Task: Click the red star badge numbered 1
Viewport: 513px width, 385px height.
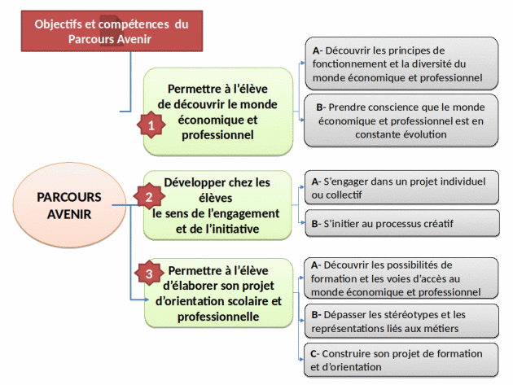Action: click(x=151, y=125)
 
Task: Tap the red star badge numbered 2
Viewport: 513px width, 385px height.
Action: click(x=149, y=197)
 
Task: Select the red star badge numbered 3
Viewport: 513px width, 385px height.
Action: click(x=149, y=273)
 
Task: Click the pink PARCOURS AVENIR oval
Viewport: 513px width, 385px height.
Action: click(x=69, y=205)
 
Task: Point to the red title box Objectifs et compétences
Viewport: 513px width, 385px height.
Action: click(x=112, y=31)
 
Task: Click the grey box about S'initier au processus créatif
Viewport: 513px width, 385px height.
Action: click(x=402, y=223)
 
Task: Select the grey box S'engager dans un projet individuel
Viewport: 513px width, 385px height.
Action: click(x=401, y=188)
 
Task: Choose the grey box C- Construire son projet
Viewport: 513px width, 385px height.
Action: click(x=401, y=361)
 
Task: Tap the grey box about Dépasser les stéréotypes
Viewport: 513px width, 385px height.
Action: click(x=401, y=322)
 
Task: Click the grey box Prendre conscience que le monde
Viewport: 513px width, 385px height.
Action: click(x=401, y=120)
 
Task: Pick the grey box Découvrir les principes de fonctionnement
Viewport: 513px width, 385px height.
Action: click(x=401, y=63)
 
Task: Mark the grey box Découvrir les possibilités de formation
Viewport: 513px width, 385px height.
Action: click(x=401, y=278)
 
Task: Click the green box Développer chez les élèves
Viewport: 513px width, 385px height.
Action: click(x=217, y=205)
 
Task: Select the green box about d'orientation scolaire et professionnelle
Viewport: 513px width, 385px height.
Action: click(x=218, y=293)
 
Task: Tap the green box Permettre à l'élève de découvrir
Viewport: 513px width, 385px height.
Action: click(x=218, y=112)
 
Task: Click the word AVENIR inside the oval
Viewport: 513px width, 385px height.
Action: click(x=69, y=214)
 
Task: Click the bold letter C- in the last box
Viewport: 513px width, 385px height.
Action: click(x=315, y=353)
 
